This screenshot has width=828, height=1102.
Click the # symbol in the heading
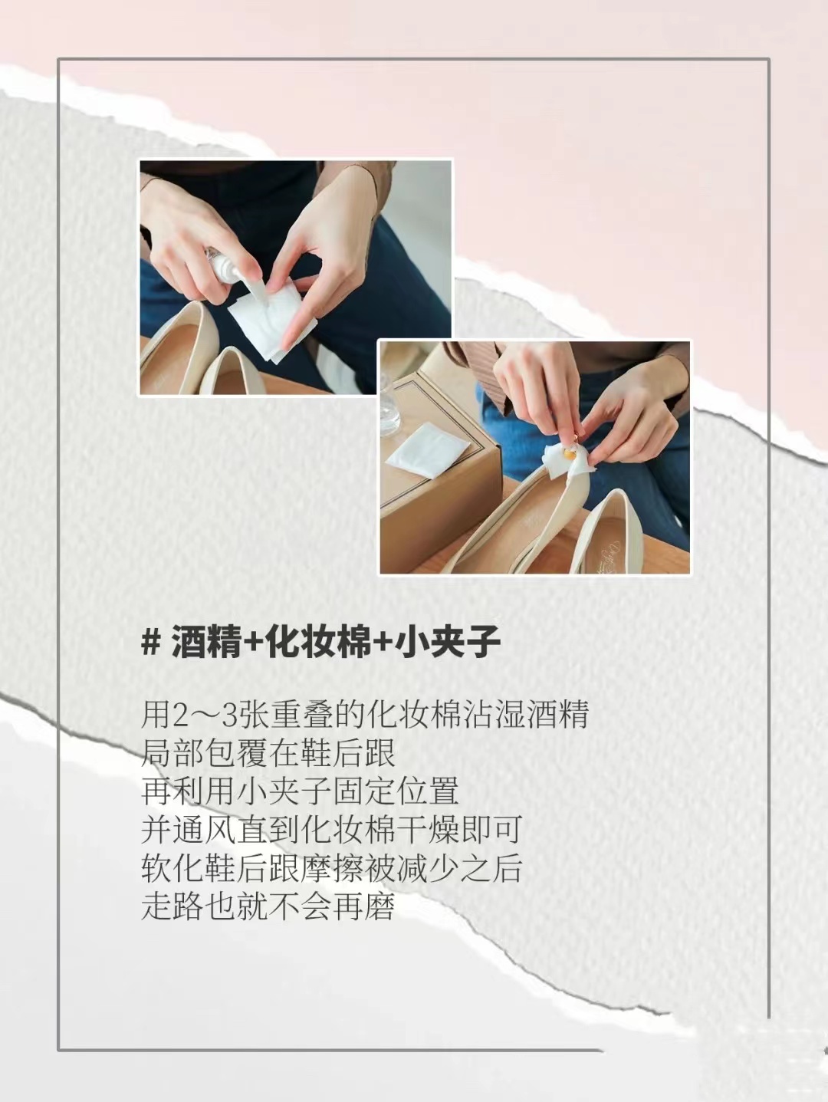point(150,642)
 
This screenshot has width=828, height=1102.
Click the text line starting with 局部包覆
point(268,753)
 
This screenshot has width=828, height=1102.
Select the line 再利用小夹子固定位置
point(300,791)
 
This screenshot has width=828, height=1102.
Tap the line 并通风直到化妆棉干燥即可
point(331,830)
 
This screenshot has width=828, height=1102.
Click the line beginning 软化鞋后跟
point(331,868)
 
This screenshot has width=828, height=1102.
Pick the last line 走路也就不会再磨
point(268,906)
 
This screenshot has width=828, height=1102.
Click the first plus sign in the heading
point(253,643)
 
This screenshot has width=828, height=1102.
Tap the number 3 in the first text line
point(229,715)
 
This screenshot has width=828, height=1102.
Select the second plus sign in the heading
point(383,643)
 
